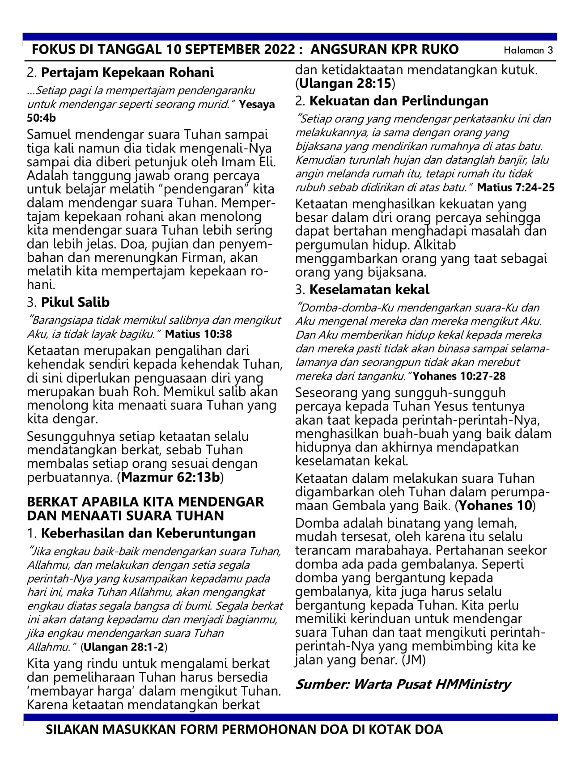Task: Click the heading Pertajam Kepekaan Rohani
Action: (x=127, y=72)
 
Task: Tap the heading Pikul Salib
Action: (x=75, y=302)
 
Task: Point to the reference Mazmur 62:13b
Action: (x=171, y=478)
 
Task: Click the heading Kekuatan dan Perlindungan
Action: (x=399, y=101)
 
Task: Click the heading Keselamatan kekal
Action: (x=369, y=290)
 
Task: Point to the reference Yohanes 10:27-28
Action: (x=459, y=376)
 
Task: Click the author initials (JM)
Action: (x=414, y=660)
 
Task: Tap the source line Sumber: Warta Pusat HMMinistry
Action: (x=403, y=684)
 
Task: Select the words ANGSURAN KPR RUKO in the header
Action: (x=385, y=50)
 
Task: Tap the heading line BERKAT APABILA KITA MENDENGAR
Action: (x=145, y=502)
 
